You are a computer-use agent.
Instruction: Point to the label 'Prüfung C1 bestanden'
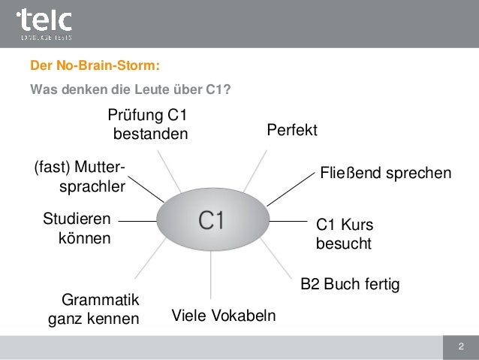148,125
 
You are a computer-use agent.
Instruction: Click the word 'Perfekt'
292,131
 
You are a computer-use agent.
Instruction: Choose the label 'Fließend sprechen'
386,174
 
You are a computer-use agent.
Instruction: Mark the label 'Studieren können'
76,229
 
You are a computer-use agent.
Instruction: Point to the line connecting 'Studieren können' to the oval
137,222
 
